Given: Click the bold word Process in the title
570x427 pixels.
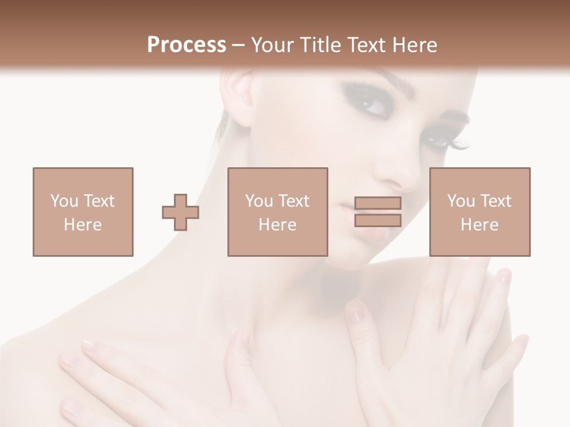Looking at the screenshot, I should tap(186, 45).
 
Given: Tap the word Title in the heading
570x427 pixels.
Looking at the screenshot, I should tap(318, 45).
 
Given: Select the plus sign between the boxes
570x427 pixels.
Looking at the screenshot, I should tap(180, 212).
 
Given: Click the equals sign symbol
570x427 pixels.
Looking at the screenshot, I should tap(378, 212).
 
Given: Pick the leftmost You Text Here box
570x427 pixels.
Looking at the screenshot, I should tap(83, 212).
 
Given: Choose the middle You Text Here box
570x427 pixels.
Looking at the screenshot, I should tap(277, 212).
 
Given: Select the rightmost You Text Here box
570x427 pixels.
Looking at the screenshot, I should tap(480, 212).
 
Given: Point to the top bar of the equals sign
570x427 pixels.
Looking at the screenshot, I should tap(378, 203).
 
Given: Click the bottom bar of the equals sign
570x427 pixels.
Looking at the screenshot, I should tap(378, 221).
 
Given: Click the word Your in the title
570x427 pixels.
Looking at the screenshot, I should tap(271, 45).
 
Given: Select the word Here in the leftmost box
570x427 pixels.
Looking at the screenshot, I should tap(83, 225).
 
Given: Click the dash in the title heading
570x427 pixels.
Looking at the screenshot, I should tap(239, 46).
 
